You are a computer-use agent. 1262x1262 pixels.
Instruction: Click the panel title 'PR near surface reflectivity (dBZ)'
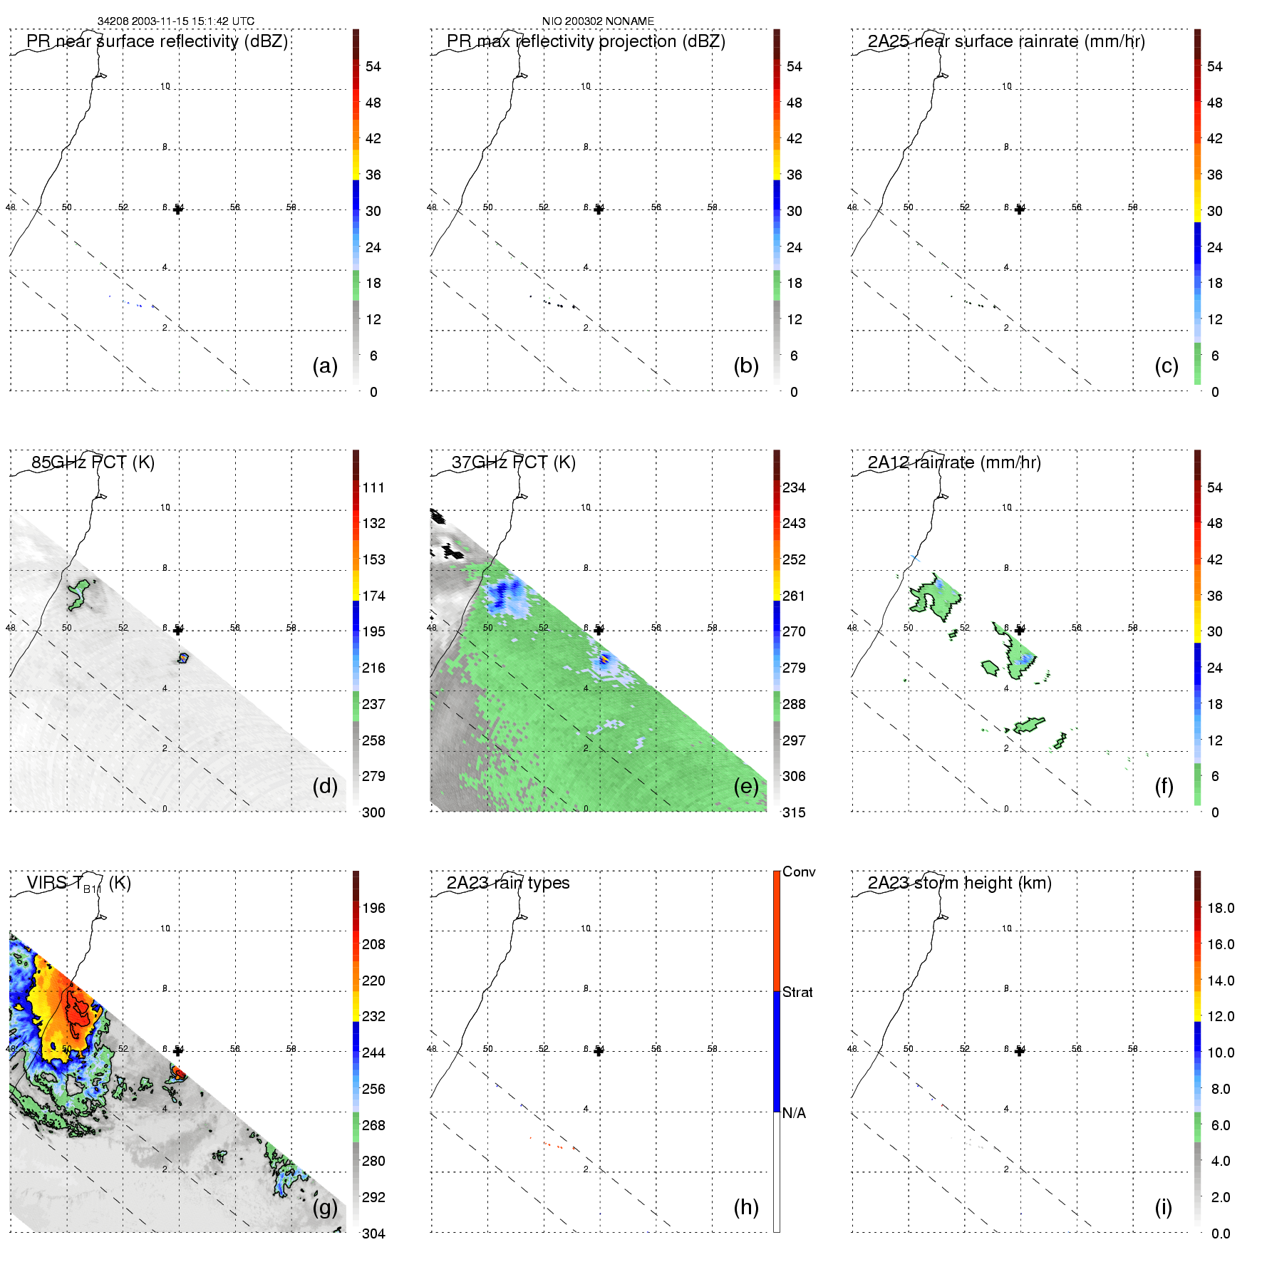[x=157, y=41]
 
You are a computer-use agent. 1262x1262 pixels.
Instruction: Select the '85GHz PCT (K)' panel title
[x=93, y=462]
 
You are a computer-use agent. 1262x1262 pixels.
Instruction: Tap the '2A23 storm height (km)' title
[x=959, y=883]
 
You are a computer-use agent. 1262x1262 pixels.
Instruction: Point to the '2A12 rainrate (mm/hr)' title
[x=954, y=462]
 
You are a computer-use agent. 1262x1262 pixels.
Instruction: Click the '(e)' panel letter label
[x=745, y=786]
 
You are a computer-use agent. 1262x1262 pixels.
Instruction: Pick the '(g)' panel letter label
[x=325, y=1207]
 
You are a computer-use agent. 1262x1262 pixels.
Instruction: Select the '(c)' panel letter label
[x=1166, y=366]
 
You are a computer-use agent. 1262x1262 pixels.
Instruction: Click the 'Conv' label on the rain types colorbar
[x=799, y=871]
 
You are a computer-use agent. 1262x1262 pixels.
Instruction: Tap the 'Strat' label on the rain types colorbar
[x=797, y=992]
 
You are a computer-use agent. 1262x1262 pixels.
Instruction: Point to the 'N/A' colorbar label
[x=795, y=1113]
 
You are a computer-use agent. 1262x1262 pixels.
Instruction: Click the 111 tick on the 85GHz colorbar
[x=373, y=488]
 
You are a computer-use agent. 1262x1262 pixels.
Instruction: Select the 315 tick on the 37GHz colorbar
[x=794, y=812]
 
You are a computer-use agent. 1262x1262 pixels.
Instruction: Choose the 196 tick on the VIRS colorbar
[x=373, y=909]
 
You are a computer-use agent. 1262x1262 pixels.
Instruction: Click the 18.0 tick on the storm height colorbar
[x=1220, y=909]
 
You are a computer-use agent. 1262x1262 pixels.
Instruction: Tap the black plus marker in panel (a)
[x=178, y=210]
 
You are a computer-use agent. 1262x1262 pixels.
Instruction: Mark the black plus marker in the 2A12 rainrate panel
[x=1020, y=630]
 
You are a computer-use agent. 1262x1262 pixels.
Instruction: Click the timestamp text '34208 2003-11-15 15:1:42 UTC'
[x=176, y=21]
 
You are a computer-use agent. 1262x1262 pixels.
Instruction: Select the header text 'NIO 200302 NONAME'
[x=598, y=21]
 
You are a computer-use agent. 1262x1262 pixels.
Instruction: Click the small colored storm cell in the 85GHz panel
[x=183, y=658]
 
